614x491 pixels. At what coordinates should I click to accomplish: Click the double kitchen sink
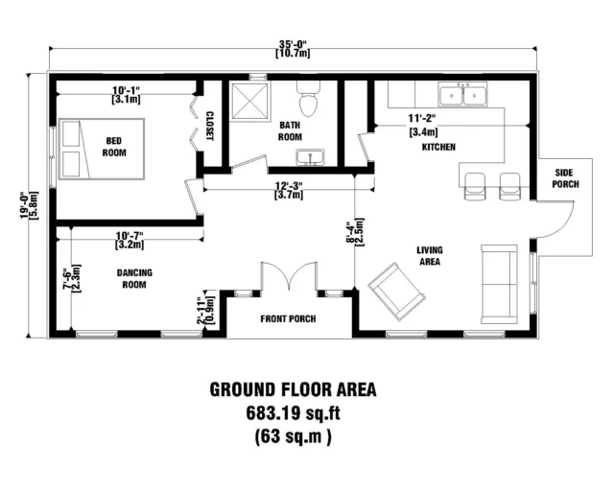[x=462, y=94]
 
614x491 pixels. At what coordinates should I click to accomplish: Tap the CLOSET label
[x=210, y=127]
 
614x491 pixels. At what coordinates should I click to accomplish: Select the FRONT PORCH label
[x=289, y=318]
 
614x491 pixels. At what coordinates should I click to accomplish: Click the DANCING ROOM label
[x=134, y=278]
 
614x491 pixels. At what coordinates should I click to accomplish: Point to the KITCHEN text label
[x=437, y=147]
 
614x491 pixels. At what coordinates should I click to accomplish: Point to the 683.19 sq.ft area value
[x=293, y=414]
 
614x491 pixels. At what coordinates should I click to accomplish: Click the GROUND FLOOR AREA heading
[x=293, y=390]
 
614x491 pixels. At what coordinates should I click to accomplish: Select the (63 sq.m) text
[x=293, y=438]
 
